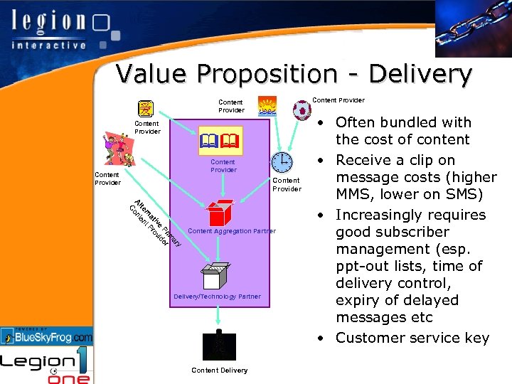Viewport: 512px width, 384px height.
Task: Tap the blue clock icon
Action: coord(282,163)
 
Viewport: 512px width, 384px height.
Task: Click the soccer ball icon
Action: coord(302,110)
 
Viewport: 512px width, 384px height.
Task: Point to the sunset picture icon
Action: coord(267,105)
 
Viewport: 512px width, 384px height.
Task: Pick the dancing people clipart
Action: coord(117,150)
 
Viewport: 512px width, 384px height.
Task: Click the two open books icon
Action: coord(222,144)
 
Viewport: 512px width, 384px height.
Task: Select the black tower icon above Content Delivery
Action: coord(219,346)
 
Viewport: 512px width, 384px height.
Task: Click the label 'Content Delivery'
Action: coord(220,370)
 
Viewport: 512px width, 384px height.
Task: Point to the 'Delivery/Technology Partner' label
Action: coord(217,297)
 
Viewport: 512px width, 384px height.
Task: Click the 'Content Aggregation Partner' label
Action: coord(231,231)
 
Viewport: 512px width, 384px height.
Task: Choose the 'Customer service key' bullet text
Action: coord(412,338)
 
